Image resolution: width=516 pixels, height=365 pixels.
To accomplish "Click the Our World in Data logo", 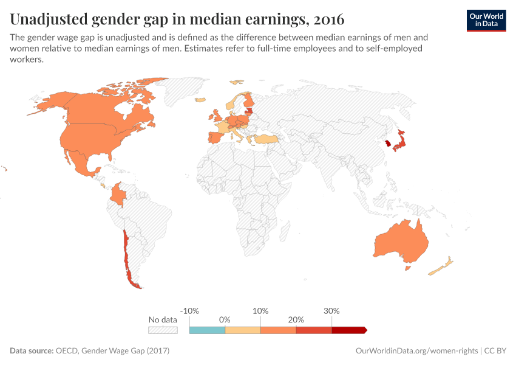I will [486, 20].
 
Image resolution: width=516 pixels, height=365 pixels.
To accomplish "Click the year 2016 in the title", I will [328, 20].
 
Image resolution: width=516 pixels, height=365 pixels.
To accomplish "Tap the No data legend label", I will [163, 319].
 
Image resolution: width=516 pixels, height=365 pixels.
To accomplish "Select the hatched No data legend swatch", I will [163, 330].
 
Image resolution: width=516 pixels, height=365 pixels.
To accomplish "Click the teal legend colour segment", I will [207, 330].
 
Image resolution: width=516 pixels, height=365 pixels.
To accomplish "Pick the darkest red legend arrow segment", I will [348, 330].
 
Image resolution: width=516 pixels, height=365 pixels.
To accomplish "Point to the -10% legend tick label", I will [190, 310].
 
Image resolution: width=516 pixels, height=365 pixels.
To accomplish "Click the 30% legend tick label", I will [331, 310].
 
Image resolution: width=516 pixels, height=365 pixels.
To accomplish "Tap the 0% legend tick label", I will [225, 319].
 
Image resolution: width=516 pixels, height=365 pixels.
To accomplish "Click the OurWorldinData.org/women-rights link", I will [416, 351].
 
